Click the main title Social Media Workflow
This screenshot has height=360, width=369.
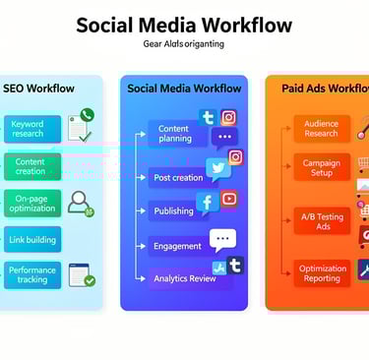(184, 25)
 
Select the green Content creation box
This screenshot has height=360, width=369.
(31, 166)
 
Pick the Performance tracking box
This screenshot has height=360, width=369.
(31, 274)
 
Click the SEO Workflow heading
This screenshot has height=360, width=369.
(38, 89)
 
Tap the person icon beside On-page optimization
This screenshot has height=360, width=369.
(81, 203)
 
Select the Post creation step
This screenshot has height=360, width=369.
(178, 178)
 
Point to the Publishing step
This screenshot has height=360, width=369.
(173, 210)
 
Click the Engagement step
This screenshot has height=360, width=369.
(177, 246)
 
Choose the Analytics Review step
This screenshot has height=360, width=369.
(184, 278)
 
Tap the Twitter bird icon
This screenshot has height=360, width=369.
(218, 168)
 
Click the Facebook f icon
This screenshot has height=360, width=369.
(207, 203)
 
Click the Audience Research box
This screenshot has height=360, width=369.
(321, 128)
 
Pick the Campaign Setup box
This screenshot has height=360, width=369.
(321, 166)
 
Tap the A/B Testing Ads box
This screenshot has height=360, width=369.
(321, 220)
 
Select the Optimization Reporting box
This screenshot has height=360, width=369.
(322, 272)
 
